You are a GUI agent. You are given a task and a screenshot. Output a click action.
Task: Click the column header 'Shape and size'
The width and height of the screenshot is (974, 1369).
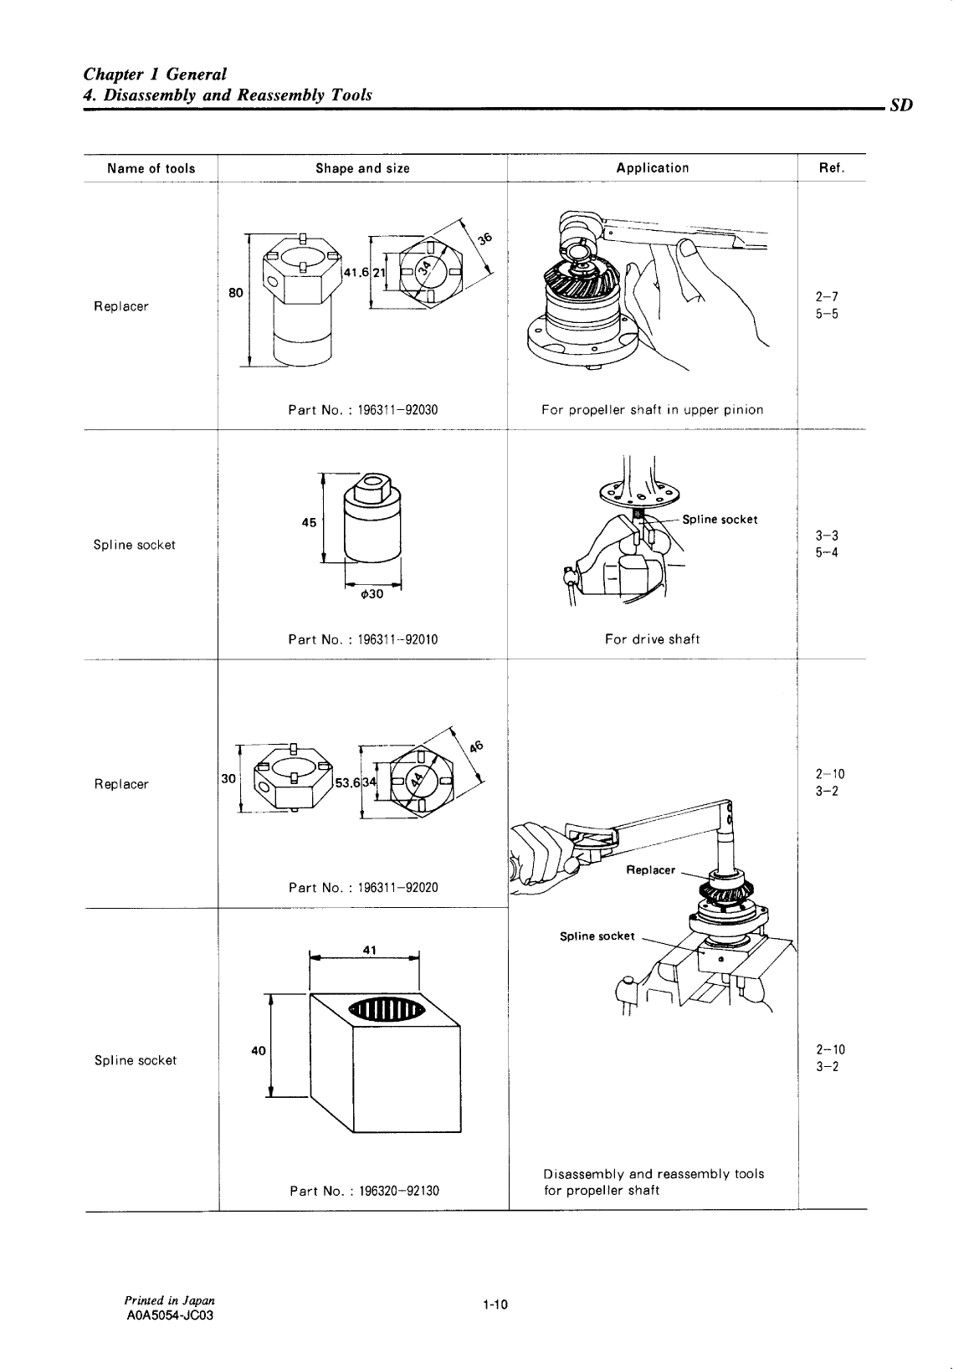coord(362,168)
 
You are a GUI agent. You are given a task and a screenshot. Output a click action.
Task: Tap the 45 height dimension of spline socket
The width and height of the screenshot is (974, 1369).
coord(309,522)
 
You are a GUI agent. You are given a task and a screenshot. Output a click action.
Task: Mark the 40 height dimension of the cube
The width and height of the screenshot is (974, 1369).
coord(258,1051)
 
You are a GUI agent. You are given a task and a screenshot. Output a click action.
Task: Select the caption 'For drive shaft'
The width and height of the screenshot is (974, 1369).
coord(652,639)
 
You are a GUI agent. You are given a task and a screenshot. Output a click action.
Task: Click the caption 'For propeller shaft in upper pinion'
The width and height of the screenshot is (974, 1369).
coord(652,410)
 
